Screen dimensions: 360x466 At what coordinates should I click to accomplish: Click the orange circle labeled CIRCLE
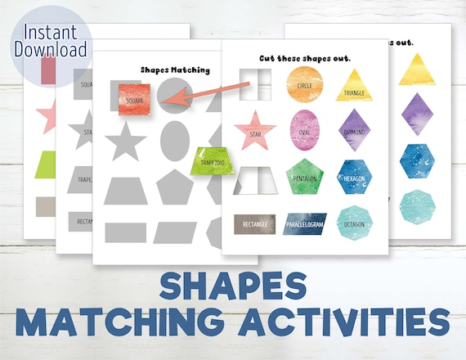point(304,85)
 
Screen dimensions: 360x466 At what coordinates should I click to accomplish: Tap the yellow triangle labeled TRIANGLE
point(354,87)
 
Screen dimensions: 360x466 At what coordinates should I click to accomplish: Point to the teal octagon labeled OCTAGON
point(354,222)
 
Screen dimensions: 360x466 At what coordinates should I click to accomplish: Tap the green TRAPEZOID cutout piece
point(212,161)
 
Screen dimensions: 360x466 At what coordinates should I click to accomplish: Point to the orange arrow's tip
point(164,102)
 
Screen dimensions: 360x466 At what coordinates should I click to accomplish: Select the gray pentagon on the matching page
point(174,187)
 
